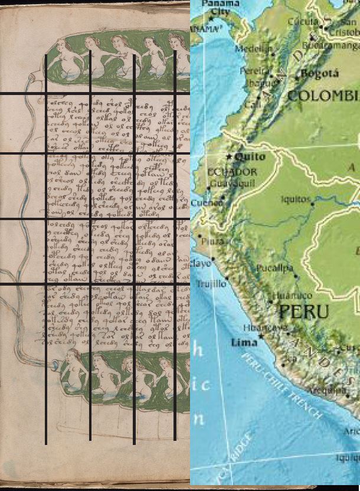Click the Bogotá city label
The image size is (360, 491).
click(x=320, y=74)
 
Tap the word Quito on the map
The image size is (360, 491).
click(x=250, y=157)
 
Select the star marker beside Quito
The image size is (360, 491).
click(x=230, y=156)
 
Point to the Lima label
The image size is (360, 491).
click(x=244, y=342)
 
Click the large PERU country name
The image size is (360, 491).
click(x=304, y=312)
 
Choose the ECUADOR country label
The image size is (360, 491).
click(x=233, y=172)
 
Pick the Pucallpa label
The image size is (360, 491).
click(x=274, y=269)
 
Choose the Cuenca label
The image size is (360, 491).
click(x=206, y=202)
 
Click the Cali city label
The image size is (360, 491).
click(x=252, y=103)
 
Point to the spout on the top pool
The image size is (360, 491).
click(x=37, y=76)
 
